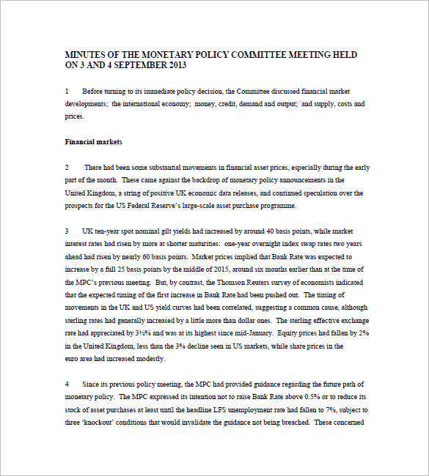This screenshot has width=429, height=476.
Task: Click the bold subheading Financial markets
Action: coord(94,141)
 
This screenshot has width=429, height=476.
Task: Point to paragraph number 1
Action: coord(67,92)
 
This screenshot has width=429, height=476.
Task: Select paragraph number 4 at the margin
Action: coord(67,384)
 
